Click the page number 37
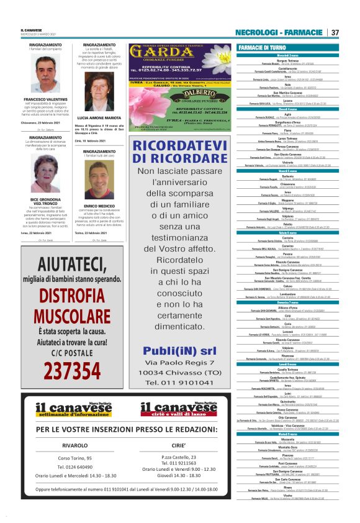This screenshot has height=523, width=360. click(335, 32)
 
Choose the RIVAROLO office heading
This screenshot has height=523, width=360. click(75, 444)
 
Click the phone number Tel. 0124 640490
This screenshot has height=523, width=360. click(75, 467)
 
